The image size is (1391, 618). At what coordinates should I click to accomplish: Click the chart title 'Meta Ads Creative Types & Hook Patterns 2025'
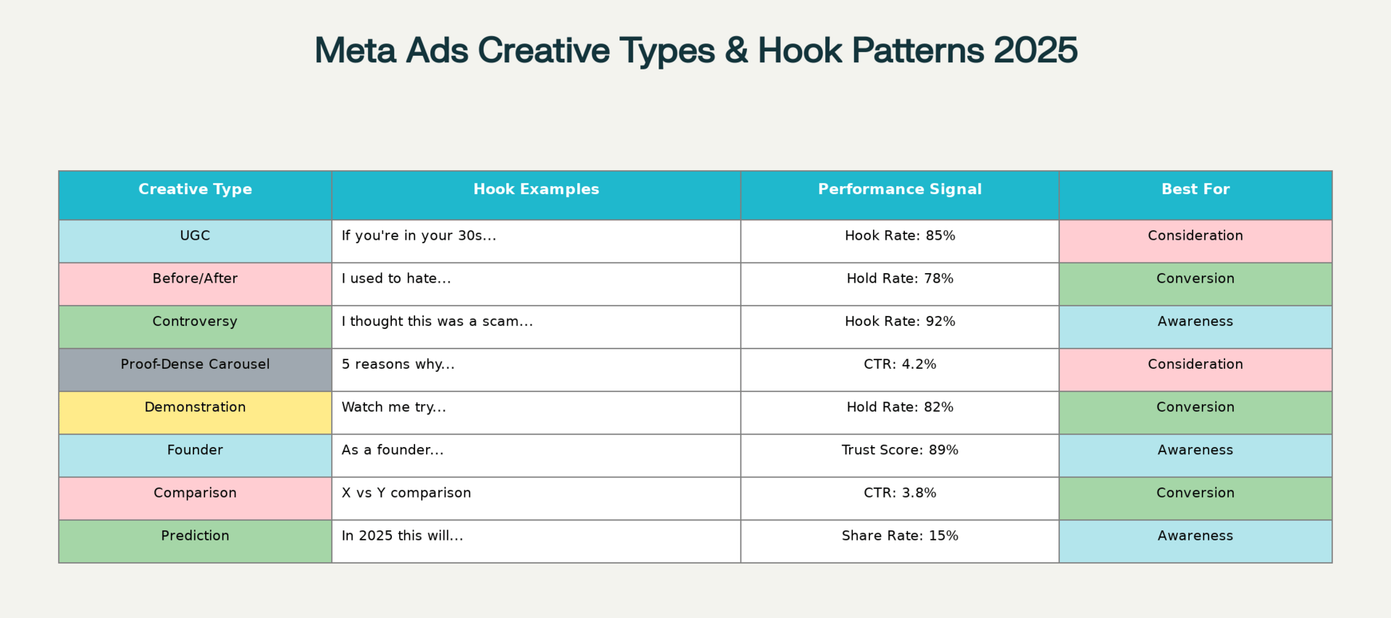click(695, 50)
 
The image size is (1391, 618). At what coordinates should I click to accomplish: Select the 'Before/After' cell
click(195, 283)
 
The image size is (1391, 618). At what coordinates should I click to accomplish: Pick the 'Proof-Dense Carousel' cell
click(195, 369)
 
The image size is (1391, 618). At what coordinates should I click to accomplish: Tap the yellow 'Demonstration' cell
click(195, 412)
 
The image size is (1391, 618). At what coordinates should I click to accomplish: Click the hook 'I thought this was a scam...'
click(437, 321)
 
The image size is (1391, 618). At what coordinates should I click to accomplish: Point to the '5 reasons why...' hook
click(398, 364)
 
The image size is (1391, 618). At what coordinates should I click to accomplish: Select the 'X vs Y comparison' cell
click(536, 498)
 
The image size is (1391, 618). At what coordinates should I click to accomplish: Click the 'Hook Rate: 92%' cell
click(900, 327)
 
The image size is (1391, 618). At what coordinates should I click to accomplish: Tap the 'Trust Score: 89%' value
click(900, 450)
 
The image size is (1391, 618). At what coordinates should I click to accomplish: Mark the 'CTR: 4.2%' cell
click(900, 369)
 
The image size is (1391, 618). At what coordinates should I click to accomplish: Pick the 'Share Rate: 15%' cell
click(900, 541)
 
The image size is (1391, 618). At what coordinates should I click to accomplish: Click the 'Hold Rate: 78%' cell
click(900, 283)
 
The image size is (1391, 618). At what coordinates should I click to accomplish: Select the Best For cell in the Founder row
click(1195, 455)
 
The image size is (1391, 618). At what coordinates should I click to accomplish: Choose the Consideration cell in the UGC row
click(1195, 241)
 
